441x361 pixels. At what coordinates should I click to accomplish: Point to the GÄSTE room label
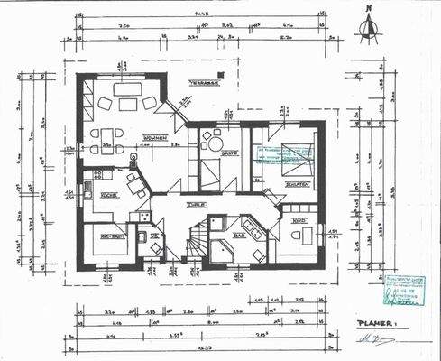(x=229, y=153)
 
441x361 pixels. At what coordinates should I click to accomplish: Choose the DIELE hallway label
(x=191, y=206)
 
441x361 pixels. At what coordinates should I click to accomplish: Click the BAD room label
(x=239, y=236)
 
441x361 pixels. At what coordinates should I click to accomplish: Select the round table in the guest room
(x=214, y=138)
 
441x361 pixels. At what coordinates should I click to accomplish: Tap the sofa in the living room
(x=127, y=89)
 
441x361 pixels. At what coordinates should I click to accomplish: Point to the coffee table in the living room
(x=126, y=103)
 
